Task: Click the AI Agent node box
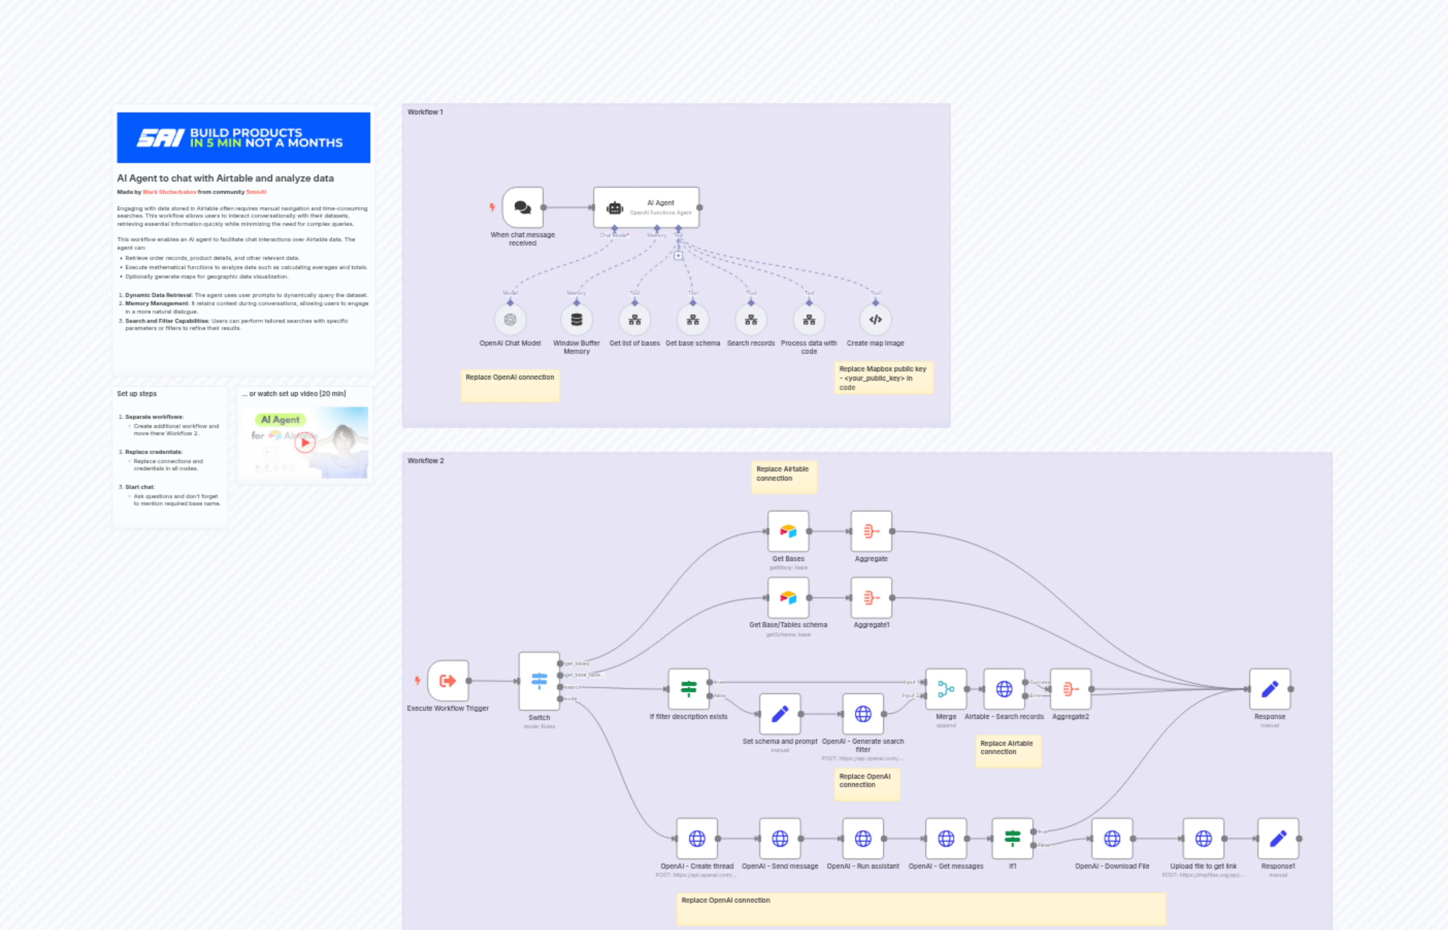pos(646,207)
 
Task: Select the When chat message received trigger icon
pos(522,207)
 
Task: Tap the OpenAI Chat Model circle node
pos(510,320)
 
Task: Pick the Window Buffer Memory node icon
pos(577,320)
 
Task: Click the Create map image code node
pos(875,320)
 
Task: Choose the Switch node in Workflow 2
pos(539,681)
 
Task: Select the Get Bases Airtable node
pos(788,532)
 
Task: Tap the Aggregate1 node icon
pos(871,598)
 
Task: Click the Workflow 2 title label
pos(426,461)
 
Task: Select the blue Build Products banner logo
pos(243,138)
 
